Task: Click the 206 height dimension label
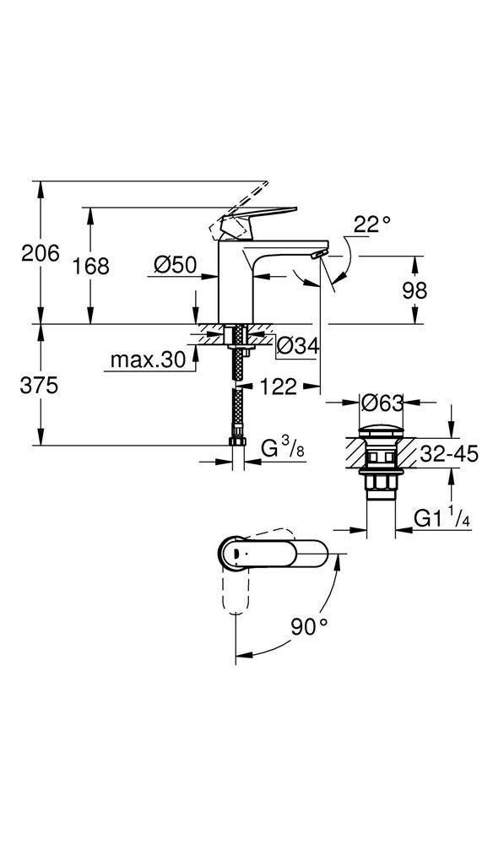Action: pyautogui.click(x=40, y=252)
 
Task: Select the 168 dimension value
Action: pyautogui.click(x=90, y=266)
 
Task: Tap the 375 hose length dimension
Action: pyautogui.click(x=40, y=386)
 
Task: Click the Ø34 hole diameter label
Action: pyautogui.click(x=296, y=345)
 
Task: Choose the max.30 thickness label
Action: pyautogui.click(x=148, y=360)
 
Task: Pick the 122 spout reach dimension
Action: pyautogui.click(x=278, y=387)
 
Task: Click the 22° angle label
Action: pyautogui.click(x=372, y=224)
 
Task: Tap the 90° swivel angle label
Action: pyautogui.click(x=311, y=627)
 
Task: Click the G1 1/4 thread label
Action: pyautogui.click(x=442, y=517)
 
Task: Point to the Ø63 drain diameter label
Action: pyautogui.click(x=379, y=404)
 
